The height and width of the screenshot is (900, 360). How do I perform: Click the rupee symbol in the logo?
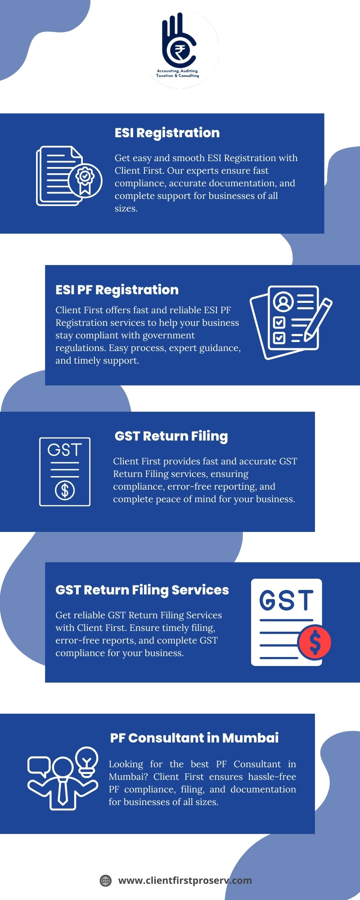[x=180, y=53]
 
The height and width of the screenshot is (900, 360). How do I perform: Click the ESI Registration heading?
[x=167, y=133]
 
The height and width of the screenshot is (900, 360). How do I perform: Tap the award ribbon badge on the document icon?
[x=85, y=180]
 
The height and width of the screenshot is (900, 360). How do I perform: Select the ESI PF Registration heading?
[x=117, y=290]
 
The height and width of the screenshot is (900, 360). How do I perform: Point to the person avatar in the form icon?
[x=283, y=301]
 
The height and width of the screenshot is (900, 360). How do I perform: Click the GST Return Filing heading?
[x=171, y=436]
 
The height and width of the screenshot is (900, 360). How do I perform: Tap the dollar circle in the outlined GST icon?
[x=65, y=490]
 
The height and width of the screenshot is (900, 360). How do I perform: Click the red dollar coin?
[x=315, y=642]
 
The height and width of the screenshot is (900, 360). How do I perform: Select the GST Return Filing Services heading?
[x=142, y=590]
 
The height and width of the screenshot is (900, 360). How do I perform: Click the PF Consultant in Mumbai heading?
[x=194, y=738]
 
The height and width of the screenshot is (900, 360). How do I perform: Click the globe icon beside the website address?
[x=106, y=881]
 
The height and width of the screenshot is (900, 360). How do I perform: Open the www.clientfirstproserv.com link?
[x=185, y=881]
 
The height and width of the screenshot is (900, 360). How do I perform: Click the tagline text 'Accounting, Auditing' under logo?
[x=178, y=71]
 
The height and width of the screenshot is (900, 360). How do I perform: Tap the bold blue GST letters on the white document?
[x=286, y=600]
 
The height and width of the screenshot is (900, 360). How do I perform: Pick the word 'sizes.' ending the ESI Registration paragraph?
[x=126, y=208]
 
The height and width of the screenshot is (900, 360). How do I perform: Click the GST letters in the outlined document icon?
[x=65, y=450]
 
